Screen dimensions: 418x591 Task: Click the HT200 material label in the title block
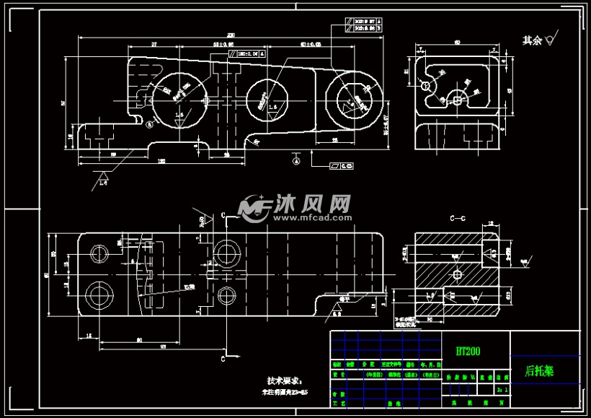[468, 351]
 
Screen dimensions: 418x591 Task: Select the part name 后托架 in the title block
[539, 371]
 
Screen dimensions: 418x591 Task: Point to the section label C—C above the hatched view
[458, 217]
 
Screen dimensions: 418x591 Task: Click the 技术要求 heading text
[285, 380]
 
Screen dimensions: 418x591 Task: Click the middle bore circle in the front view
[267, 99]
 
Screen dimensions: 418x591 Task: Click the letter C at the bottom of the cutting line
[224, 357]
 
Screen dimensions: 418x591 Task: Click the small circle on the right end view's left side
[426, 85]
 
